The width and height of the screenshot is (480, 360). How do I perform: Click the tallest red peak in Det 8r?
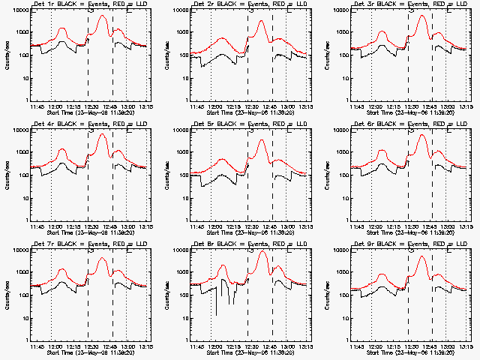pyautogui.click(x=261, y=251)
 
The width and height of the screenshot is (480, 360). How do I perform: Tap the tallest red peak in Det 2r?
pyautogui.click(x=261, y=21)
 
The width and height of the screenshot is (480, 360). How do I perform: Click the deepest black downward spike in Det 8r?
pyautogui.click(x=217, y=315)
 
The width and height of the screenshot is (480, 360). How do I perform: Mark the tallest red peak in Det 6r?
pyautogui.click(x=421, y=136)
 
